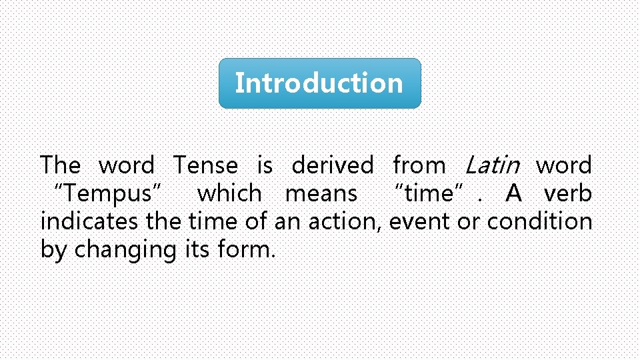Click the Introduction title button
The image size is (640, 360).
point(319,83)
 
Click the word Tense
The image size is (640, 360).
point(205,165)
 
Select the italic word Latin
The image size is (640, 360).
point(491,165)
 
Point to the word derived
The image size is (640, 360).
point(333,165)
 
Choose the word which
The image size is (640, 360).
point(229,194)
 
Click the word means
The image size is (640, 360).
point(321,194)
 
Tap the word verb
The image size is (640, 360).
point(568,194)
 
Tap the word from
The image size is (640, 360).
point(419,165)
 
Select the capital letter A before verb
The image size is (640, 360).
point(513,194)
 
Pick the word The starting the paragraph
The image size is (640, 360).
point(60,165)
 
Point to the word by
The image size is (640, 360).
point(54,250)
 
